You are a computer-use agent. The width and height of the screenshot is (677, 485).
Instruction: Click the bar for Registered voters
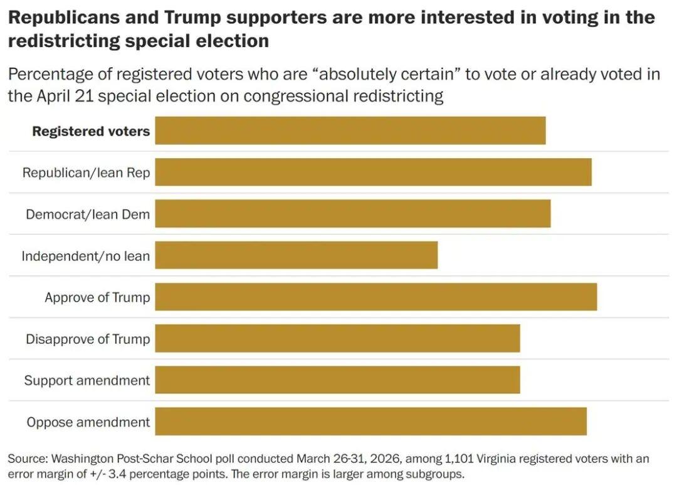pos(350,131)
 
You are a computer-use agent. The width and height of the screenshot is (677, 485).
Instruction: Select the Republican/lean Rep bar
pos(373,172)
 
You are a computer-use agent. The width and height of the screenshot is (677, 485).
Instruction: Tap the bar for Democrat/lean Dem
pos(353,214)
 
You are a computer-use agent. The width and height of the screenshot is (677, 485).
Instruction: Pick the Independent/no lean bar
pos(297,255)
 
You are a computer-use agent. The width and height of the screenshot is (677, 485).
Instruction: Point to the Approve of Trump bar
pos(376,297)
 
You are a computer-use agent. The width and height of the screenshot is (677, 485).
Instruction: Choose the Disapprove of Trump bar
pos(337,339)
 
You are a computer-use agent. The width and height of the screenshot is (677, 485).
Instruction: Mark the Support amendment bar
pos(337,380)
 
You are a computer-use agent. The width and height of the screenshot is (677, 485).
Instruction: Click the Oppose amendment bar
pos(370,422)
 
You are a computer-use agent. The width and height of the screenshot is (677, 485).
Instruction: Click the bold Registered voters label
pos(91,131)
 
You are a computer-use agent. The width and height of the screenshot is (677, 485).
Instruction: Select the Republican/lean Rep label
pos(87,173)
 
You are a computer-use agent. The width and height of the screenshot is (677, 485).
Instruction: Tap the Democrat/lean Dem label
pos(88,215)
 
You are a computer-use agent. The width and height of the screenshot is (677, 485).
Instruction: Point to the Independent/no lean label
pos(86,256)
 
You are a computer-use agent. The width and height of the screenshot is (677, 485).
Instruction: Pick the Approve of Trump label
pos(97,297)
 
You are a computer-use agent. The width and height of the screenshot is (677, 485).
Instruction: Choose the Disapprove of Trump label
pos(88,339)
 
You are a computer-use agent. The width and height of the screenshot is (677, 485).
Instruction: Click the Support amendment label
pos(87,381)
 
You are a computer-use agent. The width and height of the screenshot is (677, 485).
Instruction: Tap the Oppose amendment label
pos(88,422)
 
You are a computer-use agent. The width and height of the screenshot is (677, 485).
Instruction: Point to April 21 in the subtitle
pos(63,96)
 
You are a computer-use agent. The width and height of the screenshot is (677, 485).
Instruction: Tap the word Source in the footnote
pos(26,459)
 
